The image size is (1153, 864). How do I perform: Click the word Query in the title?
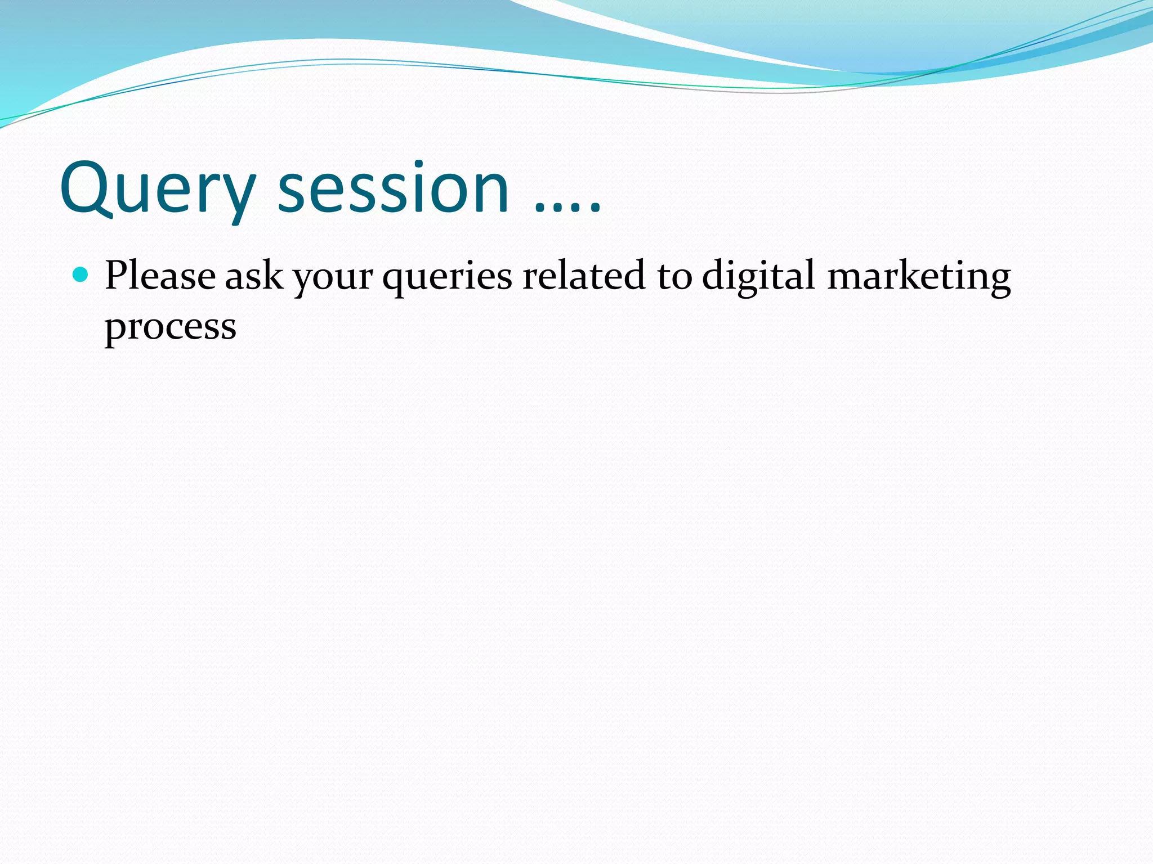click(x=158, y=188)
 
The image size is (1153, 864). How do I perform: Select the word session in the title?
click(x=394, y=188)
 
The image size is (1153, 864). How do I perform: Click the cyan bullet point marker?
click(x=81, y=275)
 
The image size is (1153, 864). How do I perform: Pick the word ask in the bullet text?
click(x=254, y=276)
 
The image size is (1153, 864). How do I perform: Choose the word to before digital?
click(x=674, y=277)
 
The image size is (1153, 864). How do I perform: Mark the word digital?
click(x=758, y=277)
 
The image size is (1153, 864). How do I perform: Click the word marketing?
click(x=919, y=277)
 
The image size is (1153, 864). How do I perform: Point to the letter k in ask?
click(x=274, y=274)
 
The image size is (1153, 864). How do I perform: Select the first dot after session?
click(x=539, y=210)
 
